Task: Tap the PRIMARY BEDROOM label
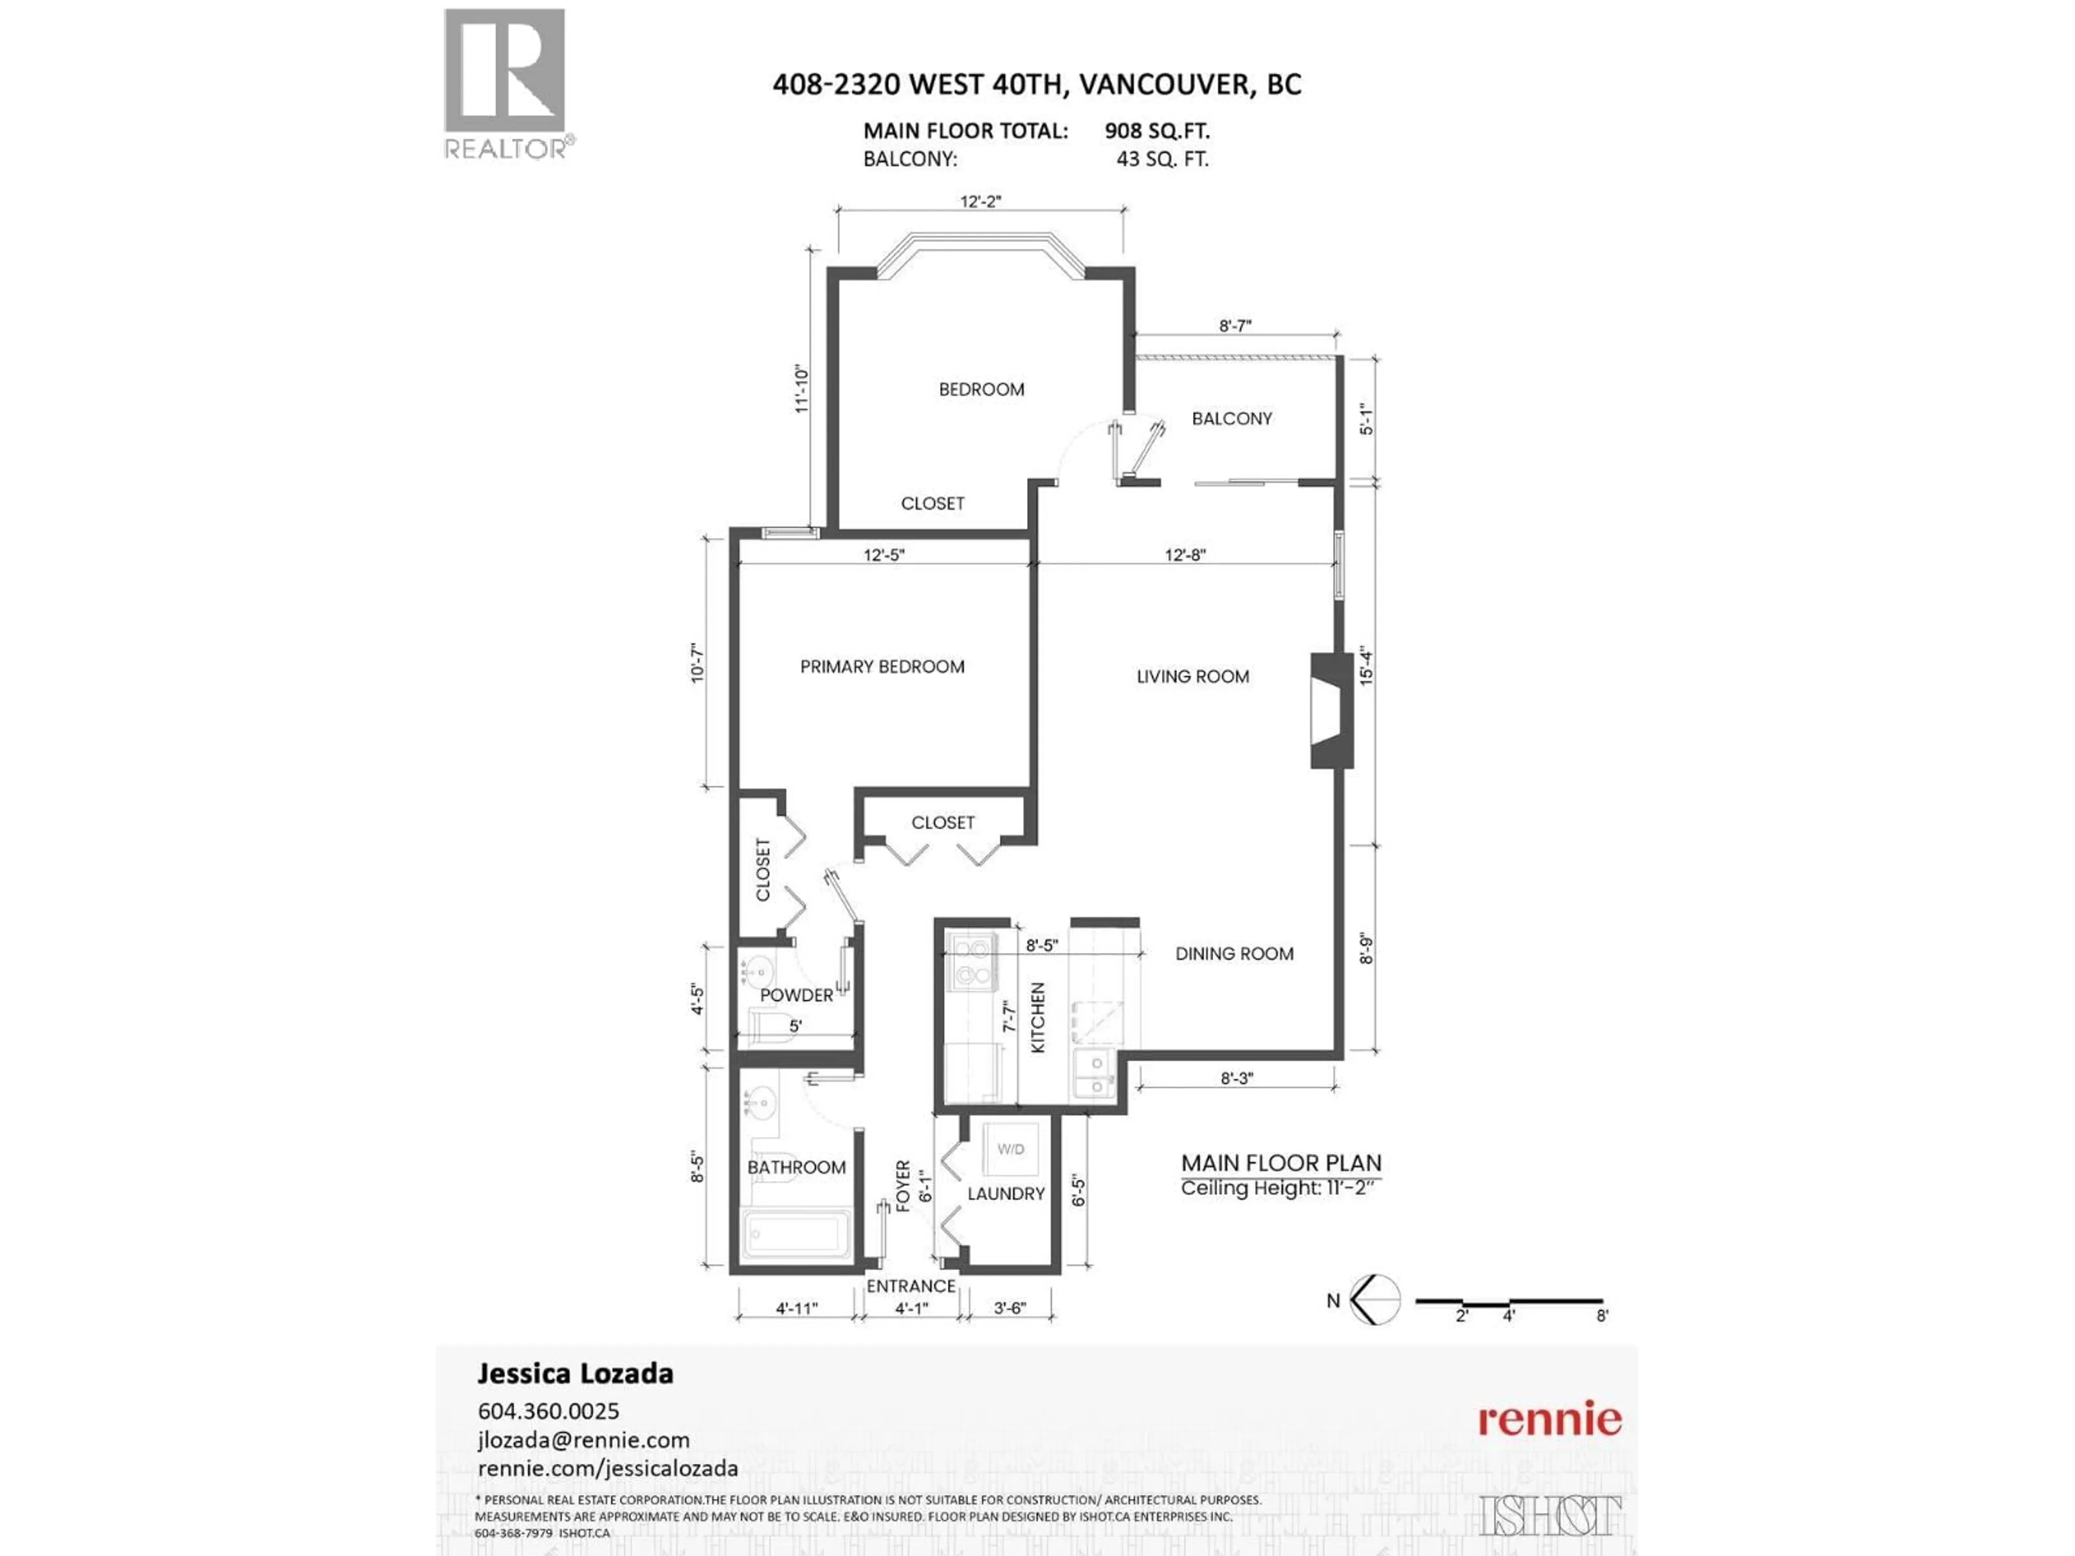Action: coord(882,667)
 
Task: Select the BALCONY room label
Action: coord(1231,418)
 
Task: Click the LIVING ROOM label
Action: coord(1192,676)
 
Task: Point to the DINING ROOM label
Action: coord(1234,954)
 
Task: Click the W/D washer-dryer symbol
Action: coord(1010,1149)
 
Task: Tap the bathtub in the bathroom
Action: coord(795,1235)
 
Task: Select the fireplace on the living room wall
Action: coord(1331,711)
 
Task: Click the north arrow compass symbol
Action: coord(1375,1300)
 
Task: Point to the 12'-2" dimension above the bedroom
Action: coord(980,201)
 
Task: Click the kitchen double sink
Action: coord(1093,1074)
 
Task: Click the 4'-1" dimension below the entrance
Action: coord(911,1307)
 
